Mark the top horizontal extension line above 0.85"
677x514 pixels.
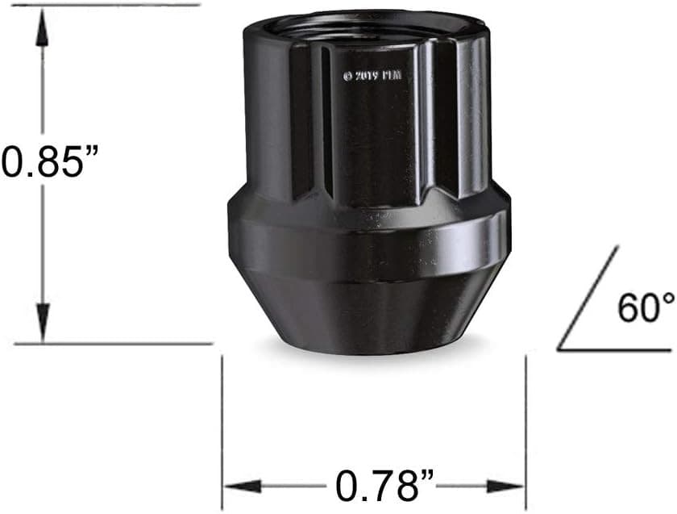coord(105,4)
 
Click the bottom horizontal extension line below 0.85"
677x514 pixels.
coord(113,343)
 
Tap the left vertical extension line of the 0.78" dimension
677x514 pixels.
coord(222,428)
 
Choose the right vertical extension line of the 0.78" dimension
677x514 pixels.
coord(525,428)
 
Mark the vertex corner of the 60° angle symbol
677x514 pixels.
coord(559,349)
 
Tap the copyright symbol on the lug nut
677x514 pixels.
coord(348,76)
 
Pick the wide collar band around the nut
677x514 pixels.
coord(368,242)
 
